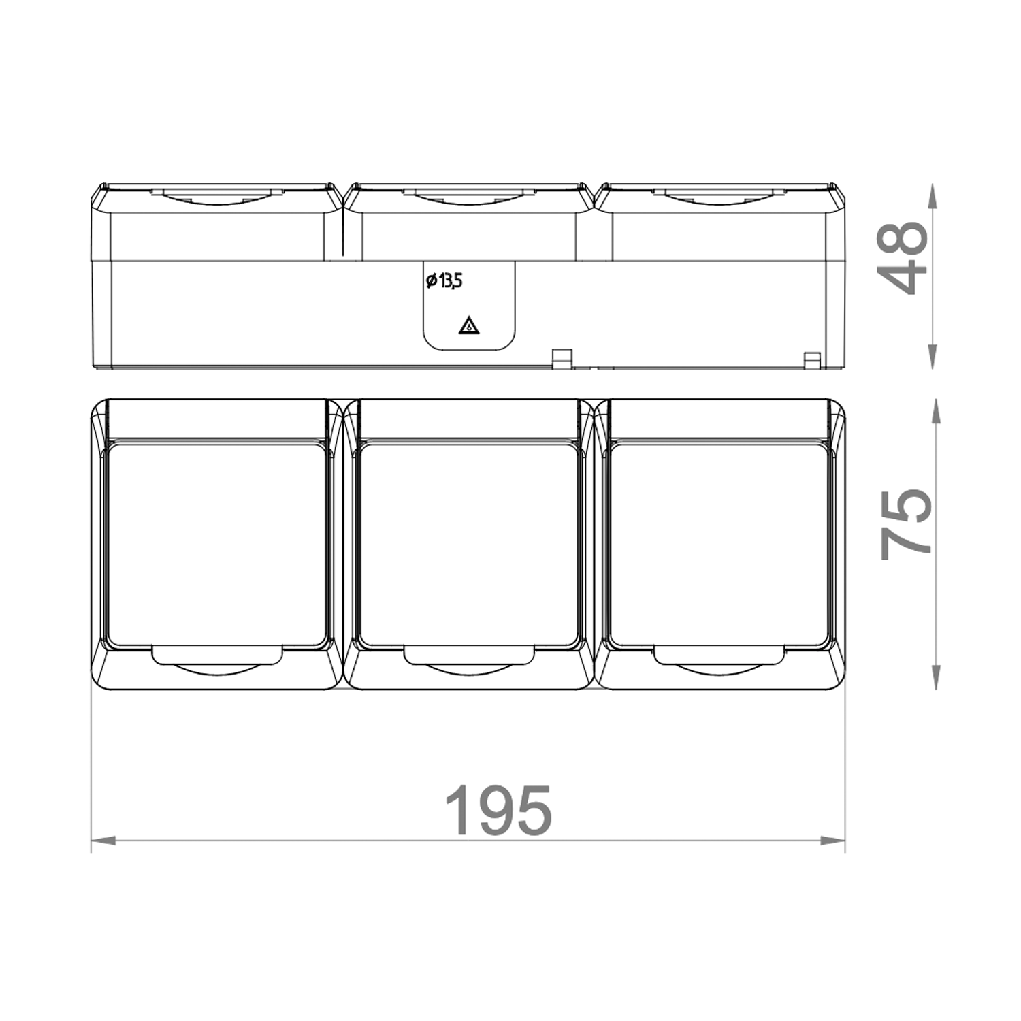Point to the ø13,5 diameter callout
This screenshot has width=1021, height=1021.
(x=444, y=280)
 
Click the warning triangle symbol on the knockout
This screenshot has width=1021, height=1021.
(x=469, y=326)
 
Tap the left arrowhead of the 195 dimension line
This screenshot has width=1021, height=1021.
(x=103, y=841)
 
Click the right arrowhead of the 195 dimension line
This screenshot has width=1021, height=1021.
(x=832, y=841)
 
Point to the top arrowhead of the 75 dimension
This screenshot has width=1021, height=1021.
(x=937, y=412)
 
